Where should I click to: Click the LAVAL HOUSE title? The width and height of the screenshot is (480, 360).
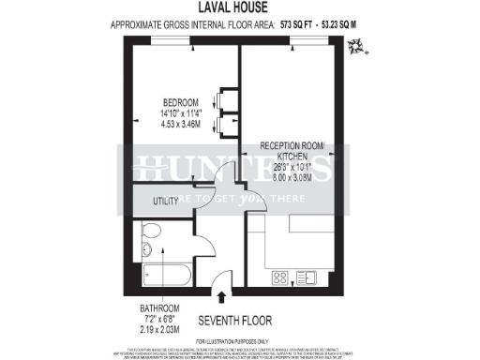[239, 7]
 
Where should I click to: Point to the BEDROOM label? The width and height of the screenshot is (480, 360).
[180, 102]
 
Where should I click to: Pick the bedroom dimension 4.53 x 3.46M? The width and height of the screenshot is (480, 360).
[180, 123]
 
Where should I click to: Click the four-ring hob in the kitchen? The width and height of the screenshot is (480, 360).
[280, 277]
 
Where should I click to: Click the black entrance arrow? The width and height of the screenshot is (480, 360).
[221, 298]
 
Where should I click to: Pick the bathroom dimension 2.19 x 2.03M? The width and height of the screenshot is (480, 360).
[156, 328]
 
